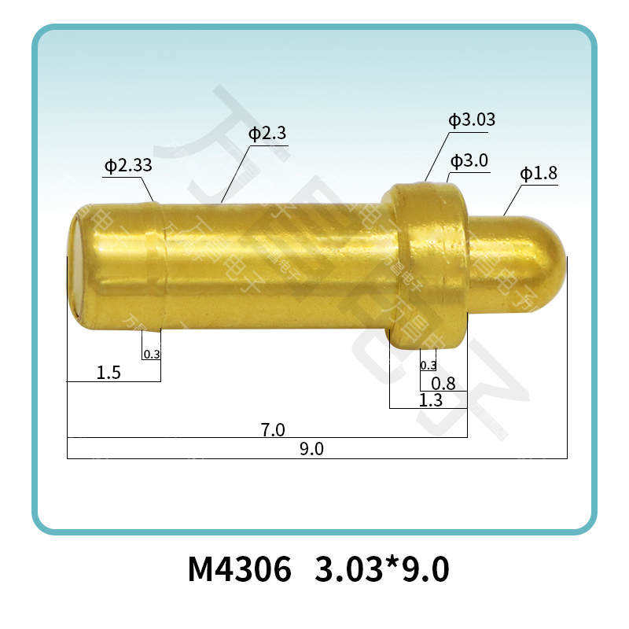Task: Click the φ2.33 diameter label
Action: (x=128, y=166)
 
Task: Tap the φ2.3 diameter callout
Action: (x=267, y=134)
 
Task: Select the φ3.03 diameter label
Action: (x=472, y=120)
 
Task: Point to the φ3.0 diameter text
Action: (x=469, y=161)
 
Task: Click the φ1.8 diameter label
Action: (x=539, y=174)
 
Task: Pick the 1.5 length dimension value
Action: (x=109, y=373)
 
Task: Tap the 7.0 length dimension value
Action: (x=273, y=429)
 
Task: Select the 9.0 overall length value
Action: (x=312, y=450)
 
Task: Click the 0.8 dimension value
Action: (x=444, y=384)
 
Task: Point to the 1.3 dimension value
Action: (x=431, y=400)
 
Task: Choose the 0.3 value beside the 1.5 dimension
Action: (x=152, y=355)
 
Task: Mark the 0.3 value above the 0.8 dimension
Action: (x=429, y=366)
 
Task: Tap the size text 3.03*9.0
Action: (x=382, y=568)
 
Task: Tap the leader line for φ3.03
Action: (x=437, y=157)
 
